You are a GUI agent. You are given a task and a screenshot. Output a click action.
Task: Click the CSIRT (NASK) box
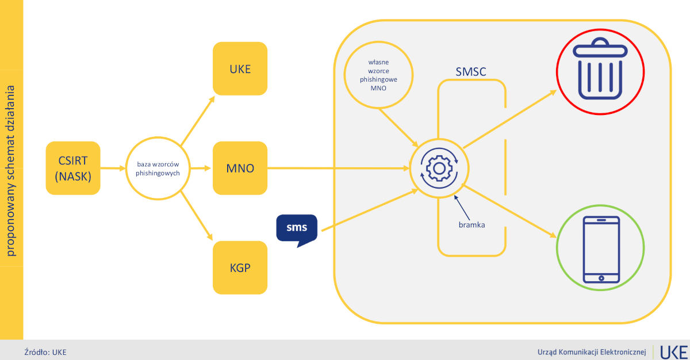pos(72,168)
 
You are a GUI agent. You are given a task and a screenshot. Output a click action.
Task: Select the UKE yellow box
pos(240,68)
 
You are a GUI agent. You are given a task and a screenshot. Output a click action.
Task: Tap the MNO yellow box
pos(240,168)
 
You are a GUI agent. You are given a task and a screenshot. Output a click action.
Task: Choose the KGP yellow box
pos(240,267)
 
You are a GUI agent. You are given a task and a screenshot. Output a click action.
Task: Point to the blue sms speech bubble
pos(297,228)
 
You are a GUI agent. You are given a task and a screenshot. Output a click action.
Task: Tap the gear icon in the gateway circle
pos(439,168)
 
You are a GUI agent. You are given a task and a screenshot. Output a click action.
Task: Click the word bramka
pos(471,224)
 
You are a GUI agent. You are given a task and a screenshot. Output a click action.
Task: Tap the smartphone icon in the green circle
pos(601,250)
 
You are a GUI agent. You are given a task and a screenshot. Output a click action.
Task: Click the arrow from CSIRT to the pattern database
pos(113,168)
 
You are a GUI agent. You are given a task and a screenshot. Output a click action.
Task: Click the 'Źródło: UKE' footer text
pos(45,352)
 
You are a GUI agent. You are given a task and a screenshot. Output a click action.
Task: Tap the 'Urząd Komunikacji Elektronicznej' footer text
pos(592,351)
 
